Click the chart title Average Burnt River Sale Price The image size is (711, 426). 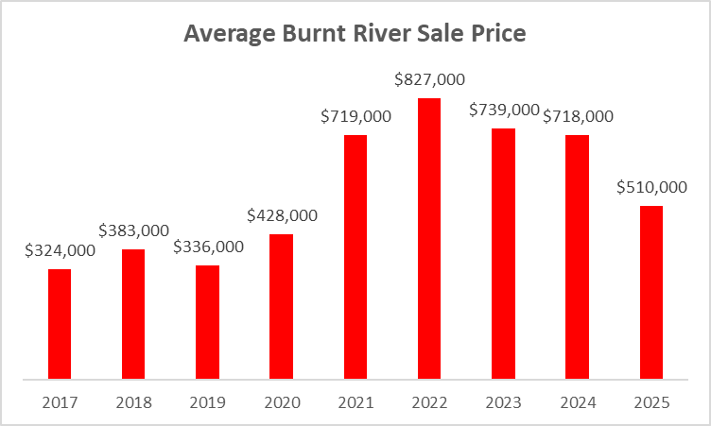coord(355,34)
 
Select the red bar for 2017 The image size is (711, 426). coord(60,325)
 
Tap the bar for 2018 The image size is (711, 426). coord(133,315)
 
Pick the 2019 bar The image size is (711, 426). coord(207,323)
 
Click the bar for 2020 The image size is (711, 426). coord(281,307)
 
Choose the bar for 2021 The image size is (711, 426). coord(355,257)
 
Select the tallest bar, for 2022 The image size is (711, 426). coord(428,239)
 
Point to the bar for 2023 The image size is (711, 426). coord(503,254)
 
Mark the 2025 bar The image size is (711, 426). coord(650,293)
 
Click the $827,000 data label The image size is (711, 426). coord(428,80)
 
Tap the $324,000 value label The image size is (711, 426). coord(61,251)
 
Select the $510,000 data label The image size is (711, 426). coord(650,187)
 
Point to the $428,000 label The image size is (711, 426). coord(282,215)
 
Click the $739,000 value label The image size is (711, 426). coord(504,111)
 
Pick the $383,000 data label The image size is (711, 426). coord(134,230)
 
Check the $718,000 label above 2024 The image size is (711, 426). coord(578,117)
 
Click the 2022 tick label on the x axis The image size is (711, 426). coord(428,401)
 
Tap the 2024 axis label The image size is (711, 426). coord(577,401)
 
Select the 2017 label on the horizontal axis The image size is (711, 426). coord(60,401)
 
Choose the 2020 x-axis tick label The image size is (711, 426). coord(281,401)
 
